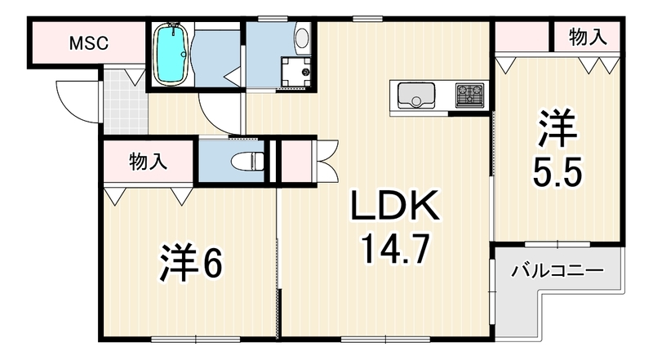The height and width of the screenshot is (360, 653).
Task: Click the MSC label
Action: click(x=89, y=43)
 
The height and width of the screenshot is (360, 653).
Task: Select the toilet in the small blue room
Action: click(x=247, y=162)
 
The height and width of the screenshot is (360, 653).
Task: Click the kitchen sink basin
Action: click(x=416, y=96)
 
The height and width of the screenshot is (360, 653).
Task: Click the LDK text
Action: click(x=395, y=205)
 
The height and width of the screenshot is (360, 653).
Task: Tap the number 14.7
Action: click(x=396, y=248)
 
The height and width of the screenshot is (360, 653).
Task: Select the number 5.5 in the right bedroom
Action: click(x=557, y=171)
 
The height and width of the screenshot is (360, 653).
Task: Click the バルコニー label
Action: click(x=557, y=271)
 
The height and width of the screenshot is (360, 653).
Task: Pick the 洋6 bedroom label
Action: click(x=191, y=263)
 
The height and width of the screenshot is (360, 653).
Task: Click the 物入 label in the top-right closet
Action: click(x=588, y=37)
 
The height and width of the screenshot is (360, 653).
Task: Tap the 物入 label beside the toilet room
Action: click(x=149, y=162)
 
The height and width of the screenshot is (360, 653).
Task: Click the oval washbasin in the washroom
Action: click(x=302, y=38)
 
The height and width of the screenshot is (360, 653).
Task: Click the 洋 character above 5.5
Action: click(x=557, y=128)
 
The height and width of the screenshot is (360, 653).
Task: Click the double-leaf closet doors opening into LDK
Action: click(x=327, y=162)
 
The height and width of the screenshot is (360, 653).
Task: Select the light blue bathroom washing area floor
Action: click(x=215, y=58)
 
